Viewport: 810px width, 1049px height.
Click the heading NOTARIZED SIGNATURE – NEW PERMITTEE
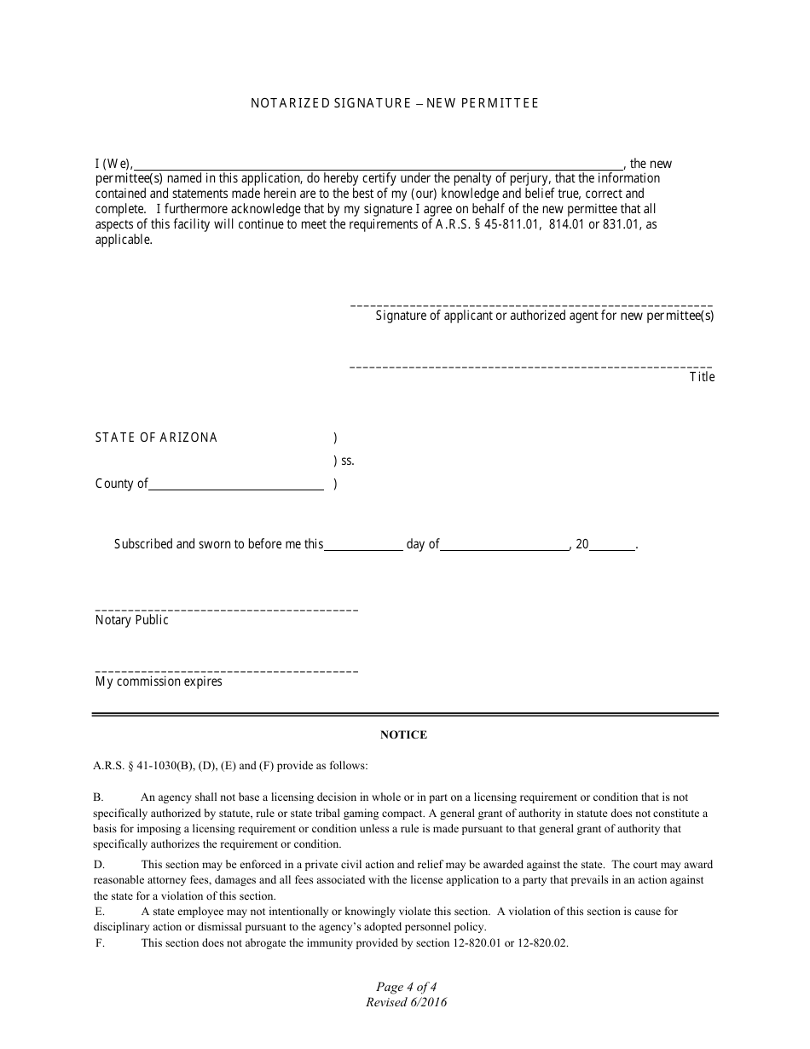tap(394, 103)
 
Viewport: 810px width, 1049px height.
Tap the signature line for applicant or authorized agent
tap(531, 305)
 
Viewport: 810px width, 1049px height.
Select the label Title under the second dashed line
tap(702, 377)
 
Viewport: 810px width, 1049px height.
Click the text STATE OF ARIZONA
tap(156, 438)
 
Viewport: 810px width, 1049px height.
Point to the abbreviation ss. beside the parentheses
tap(346, 461)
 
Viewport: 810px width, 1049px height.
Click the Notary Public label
tap(132, 620)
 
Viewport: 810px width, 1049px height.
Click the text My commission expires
tap(159, 681)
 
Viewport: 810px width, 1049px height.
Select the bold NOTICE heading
tap(403, 734)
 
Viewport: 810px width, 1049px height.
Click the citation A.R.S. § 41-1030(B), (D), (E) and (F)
tap(230, 766)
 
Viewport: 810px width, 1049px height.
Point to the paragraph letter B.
tap(98, 797)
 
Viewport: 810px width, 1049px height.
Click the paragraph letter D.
tap(98, 865)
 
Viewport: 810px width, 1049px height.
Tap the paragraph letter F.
tap(100, 943)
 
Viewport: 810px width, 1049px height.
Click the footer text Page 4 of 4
tap(406, 988)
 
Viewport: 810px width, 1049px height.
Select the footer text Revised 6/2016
tap(406, 1002)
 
